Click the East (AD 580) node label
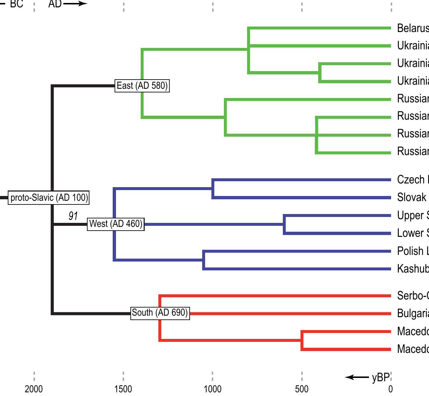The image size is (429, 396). coord(142,86)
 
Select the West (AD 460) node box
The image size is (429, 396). coord(116,224)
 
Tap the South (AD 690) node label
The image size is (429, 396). coord(160,313)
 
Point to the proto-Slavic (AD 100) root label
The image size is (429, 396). coord(49,198)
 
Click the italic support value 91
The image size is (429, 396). coord(73,216)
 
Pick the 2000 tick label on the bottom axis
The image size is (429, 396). coord(34,389)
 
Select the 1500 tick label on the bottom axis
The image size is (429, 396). coord(123,389)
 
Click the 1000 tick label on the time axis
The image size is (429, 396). coord(212,389)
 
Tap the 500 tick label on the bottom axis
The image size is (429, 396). coord(302,389)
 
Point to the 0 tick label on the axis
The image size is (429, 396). coord(391,389)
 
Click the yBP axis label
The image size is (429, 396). coord(380,378)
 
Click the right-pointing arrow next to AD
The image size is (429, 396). coord(75,4)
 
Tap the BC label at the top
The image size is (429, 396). coord(17,4)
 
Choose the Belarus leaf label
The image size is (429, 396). coord(413,28)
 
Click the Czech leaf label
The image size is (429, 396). coord(411,180)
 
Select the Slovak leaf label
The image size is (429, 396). coord(411,197)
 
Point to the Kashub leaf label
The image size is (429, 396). coord(413,269)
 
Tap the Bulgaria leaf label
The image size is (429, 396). coord(413,313)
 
